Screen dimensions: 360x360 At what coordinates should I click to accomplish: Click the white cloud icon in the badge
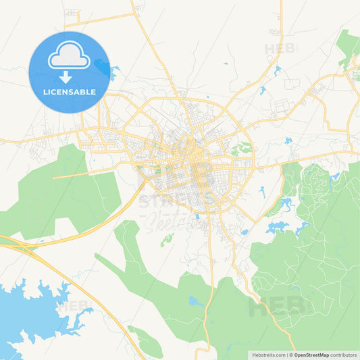(69, 57)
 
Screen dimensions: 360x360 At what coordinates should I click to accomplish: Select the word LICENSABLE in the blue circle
(69, 93)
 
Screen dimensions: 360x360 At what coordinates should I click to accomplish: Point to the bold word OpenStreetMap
(311, 355)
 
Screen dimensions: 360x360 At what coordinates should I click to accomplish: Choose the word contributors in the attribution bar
(343, 355)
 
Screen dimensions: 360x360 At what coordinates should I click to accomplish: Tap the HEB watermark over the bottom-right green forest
(277, 307)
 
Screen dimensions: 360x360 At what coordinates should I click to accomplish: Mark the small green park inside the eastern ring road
(241, 149)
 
